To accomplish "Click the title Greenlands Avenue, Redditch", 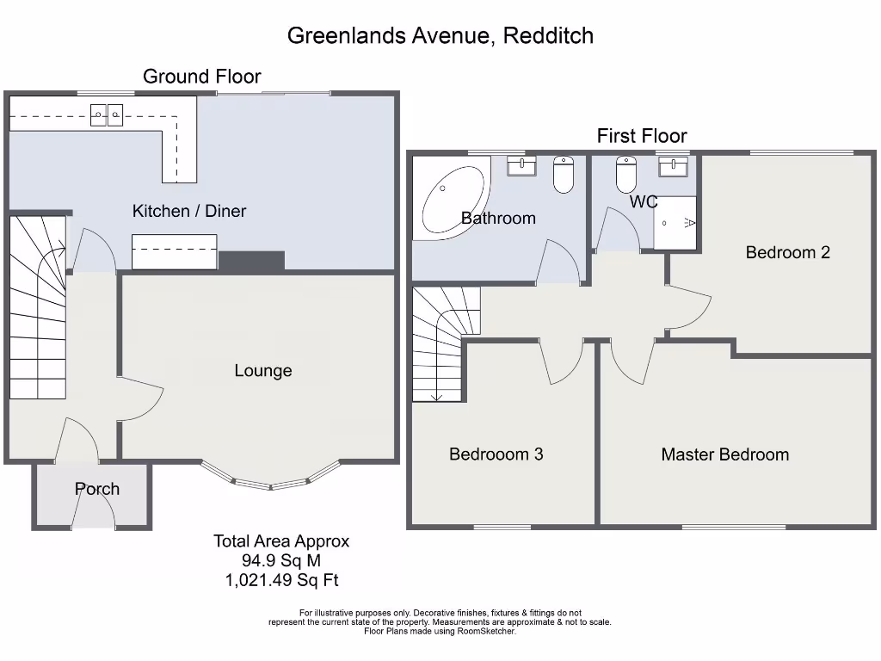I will pos(440,36).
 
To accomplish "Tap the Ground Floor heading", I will pos(201,77).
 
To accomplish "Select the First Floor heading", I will pos(642,136).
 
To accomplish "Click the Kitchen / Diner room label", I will pos(189,211).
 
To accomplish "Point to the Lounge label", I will pos(263,371).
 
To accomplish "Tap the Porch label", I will pos(97,489).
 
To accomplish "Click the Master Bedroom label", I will pos(724,454).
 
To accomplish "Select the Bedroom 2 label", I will pos(787,252).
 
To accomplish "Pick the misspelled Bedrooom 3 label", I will pos(496,454).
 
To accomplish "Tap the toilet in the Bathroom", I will pos(564,175).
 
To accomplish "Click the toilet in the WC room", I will pos(625,175).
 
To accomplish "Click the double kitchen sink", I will pos(108,114).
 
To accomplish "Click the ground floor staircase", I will pos(39,310).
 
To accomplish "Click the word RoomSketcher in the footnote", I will pos(484,631).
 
